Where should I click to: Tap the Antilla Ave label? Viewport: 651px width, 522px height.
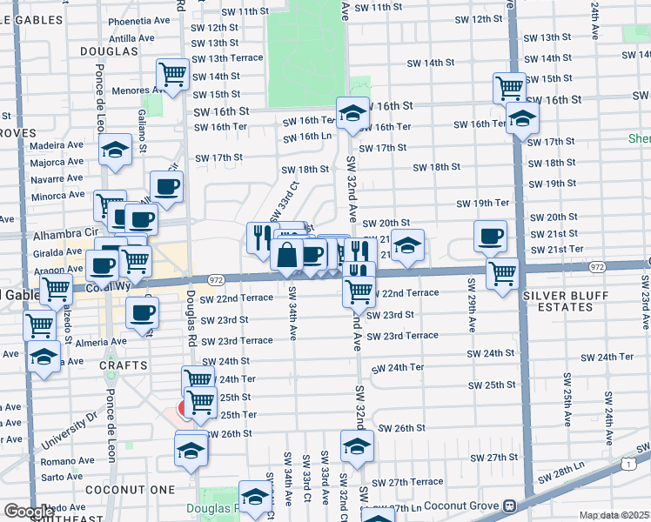(132, 38)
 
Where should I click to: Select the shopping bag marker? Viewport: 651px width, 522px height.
(287, 255)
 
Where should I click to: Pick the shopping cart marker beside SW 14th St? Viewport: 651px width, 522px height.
(173, 73)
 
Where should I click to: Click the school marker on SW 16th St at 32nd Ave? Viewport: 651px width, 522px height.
(353, 113)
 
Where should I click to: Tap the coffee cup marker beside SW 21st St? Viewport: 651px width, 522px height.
(491, 236)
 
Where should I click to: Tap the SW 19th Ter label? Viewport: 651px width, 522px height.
(483, 204)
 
